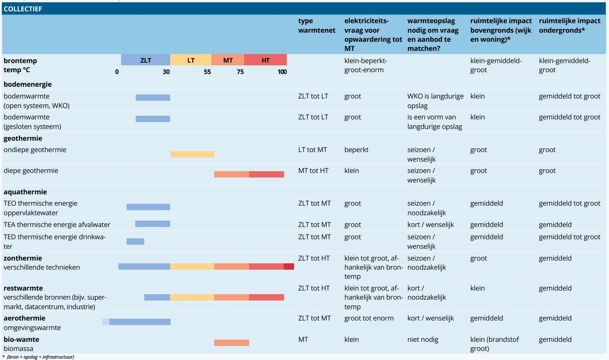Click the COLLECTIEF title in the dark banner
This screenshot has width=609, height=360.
23,9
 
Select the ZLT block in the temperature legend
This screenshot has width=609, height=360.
146,60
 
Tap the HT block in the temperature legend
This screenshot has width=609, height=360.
265,60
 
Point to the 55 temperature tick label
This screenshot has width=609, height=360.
207,72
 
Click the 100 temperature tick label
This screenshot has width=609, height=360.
282,72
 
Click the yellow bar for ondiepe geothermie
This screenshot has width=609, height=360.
192,154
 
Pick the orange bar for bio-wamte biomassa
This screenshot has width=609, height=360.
231,343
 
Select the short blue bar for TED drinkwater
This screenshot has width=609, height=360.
135,241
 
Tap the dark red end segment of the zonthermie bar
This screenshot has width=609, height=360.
289,266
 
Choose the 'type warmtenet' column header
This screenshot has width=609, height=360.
317,25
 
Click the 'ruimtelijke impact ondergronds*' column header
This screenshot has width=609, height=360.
570,25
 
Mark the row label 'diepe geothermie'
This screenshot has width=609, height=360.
31,171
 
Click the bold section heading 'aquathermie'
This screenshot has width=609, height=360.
25,192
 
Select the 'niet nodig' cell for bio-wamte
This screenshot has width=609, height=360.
423,339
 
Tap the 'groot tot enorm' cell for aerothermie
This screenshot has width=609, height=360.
369,318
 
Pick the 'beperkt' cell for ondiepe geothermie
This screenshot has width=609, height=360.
356,150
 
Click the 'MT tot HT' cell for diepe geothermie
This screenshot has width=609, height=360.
313,171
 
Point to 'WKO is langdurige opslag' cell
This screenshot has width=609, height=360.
435,101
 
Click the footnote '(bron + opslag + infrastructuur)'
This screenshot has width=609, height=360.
40,357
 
